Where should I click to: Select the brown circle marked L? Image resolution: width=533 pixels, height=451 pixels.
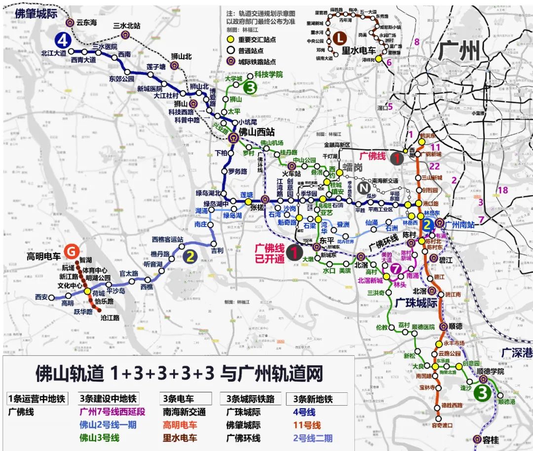coord(340,37)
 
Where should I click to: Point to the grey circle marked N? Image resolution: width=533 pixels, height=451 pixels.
coord(364,187)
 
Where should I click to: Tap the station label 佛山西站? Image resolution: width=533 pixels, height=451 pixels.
coord(257,132)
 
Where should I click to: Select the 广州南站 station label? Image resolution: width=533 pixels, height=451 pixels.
coord(459,224)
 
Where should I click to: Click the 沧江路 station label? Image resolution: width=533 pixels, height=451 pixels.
coord(110,318)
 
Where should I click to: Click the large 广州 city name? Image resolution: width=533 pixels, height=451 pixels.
coord(458,51)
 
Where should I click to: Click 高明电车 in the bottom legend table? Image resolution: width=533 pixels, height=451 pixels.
coord(180,424)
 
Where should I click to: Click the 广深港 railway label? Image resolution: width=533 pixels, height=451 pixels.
coord(517,353)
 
